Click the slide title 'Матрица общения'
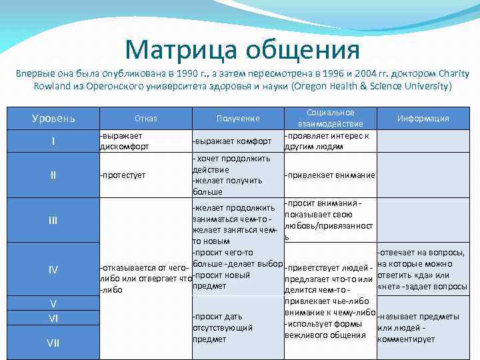tap(242, 49)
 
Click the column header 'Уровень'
tap(53, 119)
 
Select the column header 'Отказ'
tap(145, 119)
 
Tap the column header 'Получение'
tap(237, 119)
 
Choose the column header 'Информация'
tap(423, 119)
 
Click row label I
tap(53, 141)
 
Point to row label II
tap(53, 175)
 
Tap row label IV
tap(53, 269)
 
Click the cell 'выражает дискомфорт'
tap(125, 141)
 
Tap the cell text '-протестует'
tap(123, 175)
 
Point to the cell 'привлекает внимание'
tap(329, 175)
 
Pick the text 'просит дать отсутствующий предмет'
tap(223, 327)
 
